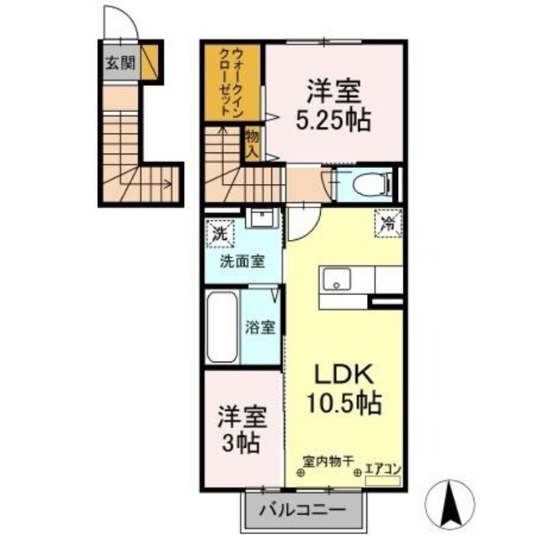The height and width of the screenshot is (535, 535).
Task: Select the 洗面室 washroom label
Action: click(242, 261)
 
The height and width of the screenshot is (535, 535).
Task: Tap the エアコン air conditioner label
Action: click(384, 470)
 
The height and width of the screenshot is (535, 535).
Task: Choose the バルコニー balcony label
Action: click(305, 509)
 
